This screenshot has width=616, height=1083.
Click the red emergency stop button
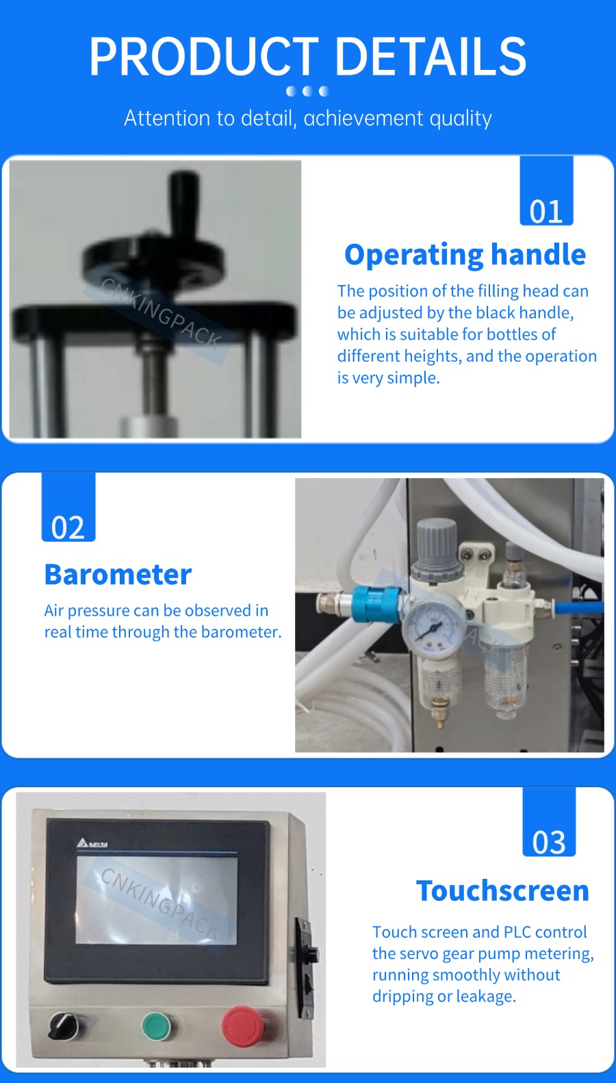pyautogui.click(x=242, y=1025)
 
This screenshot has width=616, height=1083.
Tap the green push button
pyautogui.click(x=157, y=1025)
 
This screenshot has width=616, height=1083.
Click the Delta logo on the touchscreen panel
pyautogui.click(x=92, y=844)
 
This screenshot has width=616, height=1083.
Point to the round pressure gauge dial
pyautogui.click(x=434, y=629)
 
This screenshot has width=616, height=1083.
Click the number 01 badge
pyautogui.click(x=546, y=191)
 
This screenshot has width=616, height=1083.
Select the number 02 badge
pyautogui.click(x=68, y=507)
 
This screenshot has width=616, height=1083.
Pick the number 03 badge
pyautogui.click(x=550, y=822)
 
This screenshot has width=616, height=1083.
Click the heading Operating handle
pyautogui.click(x=465, y=255)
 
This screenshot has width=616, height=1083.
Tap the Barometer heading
pyautogui.click(x=118, y=574)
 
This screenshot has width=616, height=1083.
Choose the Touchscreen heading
pyautogui.click(x=503, y=891)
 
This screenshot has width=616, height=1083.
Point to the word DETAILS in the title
pyautogui.click(x=431, y=57)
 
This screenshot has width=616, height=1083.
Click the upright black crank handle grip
pyautogui.click(x=182, y=206)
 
